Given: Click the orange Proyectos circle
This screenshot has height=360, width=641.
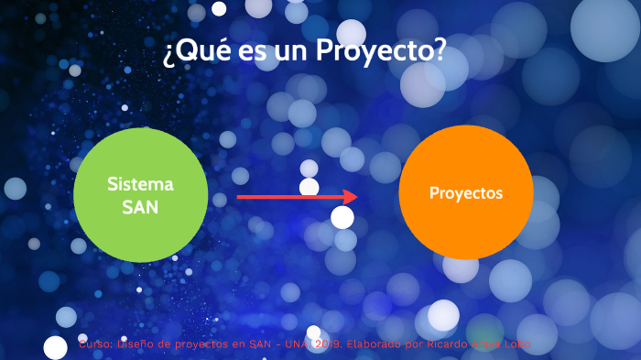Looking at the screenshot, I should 466,220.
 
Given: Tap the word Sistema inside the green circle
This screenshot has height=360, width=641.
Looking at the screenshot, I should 140,184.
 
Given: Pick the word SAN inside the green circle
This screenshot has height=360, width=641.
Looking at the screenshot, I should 140,207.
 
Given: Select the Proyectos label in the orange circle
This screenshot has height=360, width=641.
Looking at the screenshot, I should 466,193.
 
